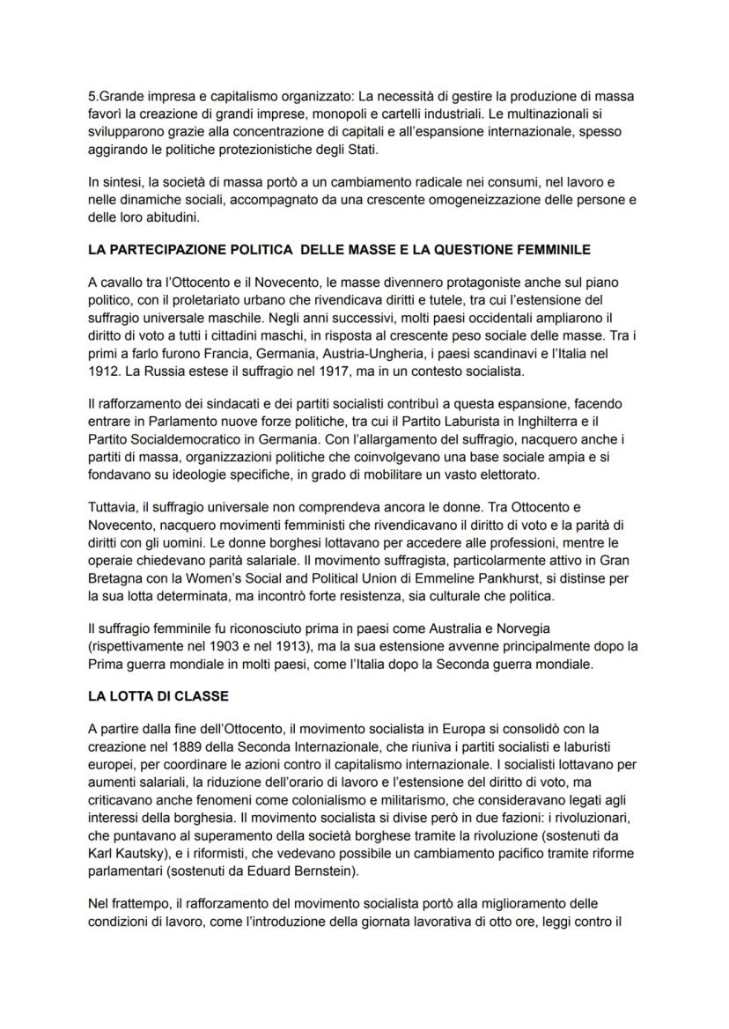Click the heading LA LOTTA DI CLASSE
158,695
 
